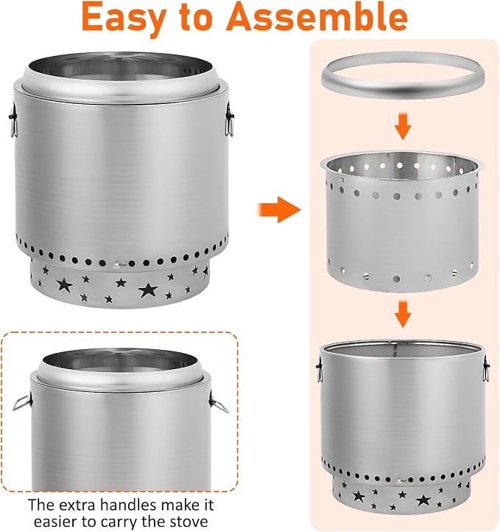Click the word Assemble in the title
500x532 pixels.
click(317, 16)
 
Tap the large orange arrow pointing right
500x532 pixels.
click(280, 209)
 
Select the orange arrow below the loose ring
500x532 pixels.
click(403, 127)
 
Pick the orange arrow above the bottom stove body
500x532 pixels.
click(403, 314)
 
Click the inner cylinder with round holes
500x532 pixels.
click(402, 221)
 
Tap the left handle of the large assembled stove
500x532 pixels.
click(13, 120)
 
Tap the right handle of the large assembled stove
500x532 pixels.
click(230, 119)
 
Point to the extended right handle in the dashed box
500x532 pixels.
click(219, 403)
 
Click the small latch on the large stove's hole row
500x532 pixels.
click(117, 265)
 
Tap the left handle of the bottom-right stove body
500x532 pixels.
click(319, 369)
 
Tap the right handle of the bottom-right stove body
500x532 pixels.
click(487, 369)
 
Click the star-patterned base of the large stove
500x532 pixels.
click(119, 284)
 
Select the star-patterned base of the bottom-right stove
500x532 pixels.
click(402, 495)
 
